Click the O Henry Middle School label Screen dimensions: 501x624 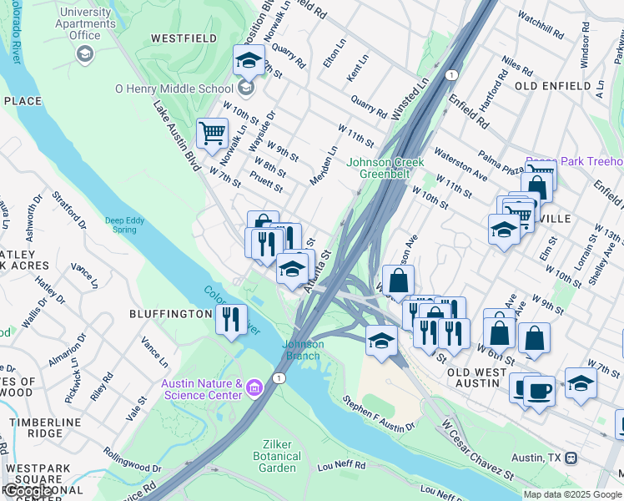point(174,89)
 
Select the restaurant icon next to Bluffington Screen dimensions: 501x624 point(230,318)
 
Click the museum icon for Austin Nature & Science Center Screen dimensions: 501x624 point(254,387)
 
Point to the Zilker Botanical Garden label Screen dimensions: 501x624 point(277,451)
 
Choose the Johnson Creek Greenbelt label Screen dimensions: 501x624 point(385,168)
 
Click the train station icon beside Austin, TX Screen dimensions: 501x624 point(571,458)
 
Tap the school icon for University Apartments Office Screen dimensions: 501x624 point(84,54)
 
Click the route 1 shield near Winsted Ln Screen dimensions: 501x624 point(451,75)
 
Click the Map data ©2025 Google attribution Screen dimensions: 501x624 point(572,494)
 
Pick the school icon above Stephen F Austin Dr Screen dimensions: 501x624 point(381,340)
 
